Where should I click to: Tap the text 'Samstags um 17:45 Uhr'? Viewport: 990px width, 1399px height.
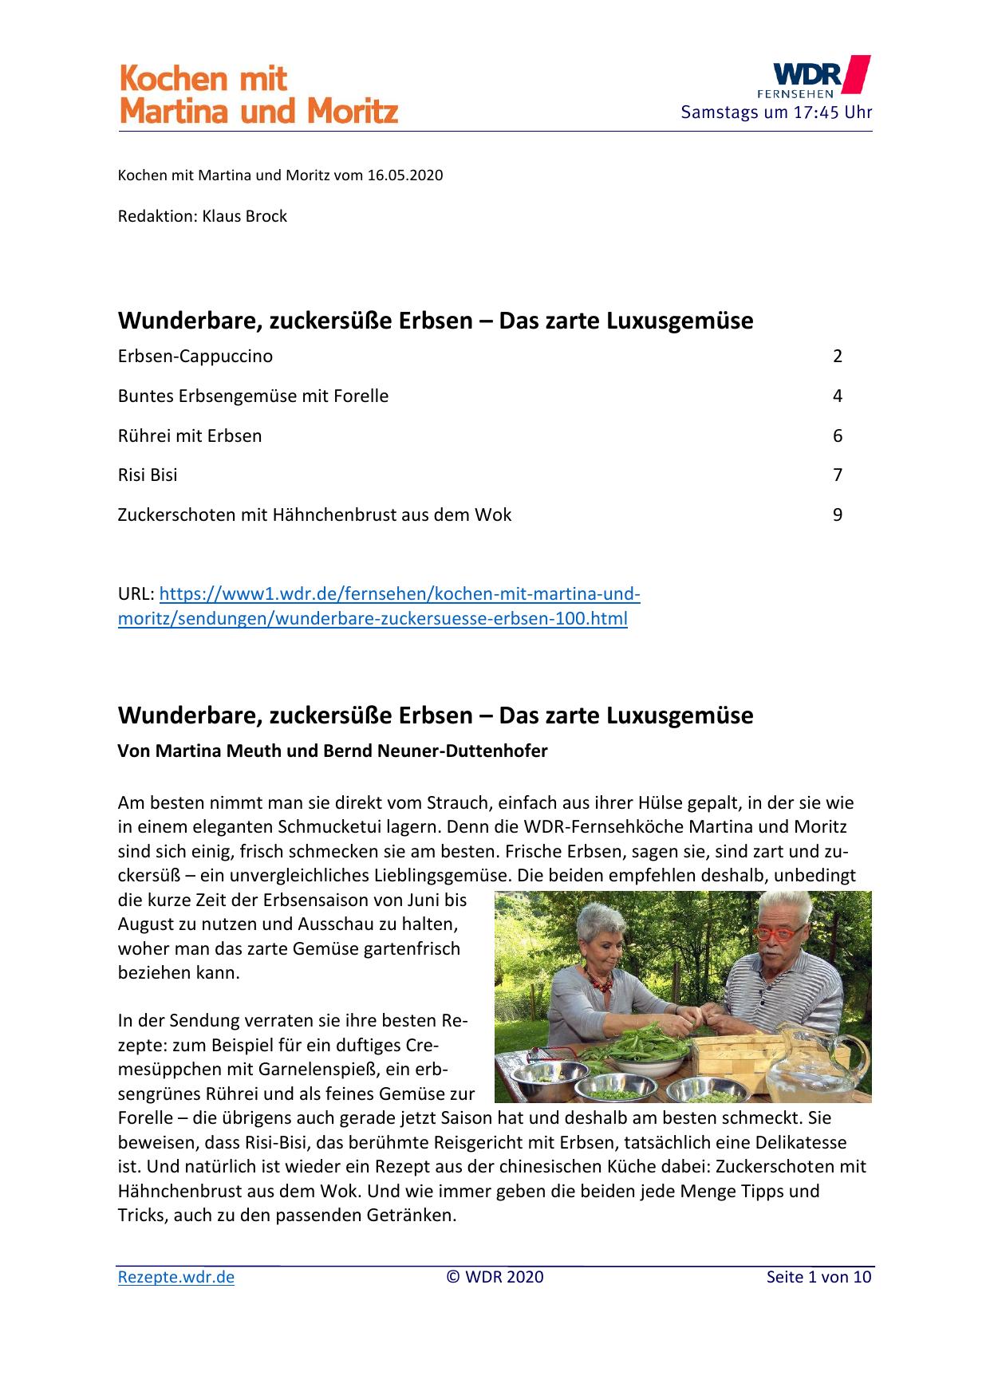tap(775, 112)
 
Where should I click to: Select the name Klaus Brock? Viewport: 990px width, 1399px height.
tap(245, 216)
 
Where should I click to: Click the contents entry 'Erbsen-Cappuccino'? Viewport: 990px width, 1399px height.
tap(195, 357)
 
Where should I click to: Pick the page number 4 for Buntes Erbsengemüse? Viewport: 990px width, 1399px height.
tap(837, 396)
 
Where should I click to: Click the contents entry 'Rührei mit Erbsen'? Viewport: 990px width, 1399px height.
tap(190, 436)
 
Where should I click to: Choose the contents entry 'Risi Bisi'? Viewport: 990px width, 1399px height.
tap(148, 475)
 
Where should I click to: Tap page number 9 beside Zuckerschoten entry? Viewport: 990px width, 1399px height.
tap(837, 515)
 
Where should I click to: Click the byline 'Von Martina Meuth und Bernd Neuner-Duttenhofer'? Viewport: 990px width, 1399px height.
tap(333, 751)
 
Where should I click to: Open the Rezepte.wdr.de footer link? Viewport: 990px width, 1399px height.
tap(176, 1277)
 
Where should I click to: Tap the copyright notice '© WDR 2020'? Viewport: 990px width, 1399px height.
tap(495, 1277)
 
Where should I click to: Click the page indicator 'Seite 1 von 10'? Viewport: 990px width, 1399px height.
tap(818, 1277)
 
